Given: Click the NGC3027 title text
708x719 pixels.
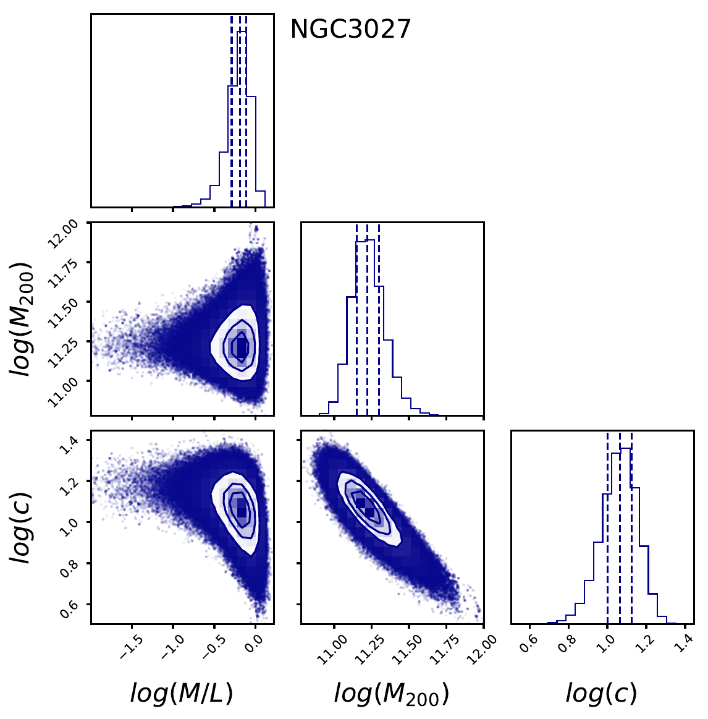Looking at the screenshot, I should pos(350,29).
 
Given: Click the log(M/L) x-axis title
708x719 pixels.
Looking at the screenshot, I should pos(182,694).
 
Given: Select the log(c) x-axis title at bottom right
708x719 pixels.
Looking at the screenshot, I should pos(601,694).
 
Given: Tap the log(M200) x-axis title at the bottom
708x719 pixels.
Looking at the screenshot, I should pos(391,694).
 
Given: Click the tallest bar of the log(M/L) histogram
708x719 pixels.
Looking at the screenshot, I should pos(242,117).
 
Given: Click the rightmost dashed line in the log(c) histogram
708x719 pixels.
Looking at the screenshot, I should pos(631,532).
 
